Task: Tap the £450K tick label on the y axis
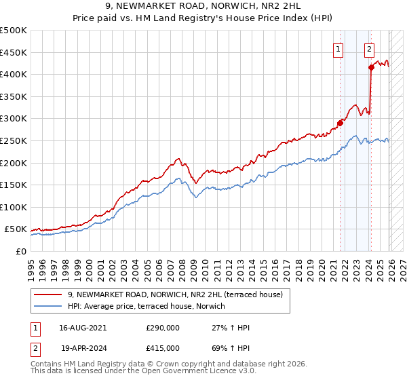click(x=14, y=52)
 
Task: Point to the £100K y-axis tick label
click(x=14, y=207)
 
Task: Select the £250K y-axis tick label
click(x=14, y=140)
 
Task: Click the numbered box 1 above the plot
click(x=337, y=48)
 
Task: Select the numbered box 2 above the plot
click(x=369, y=48)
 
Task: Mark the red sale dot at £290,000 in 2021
click(x=340, y=123)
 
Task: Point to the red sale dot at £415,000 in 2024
click(x=371, y=67)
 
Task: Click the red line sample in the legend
click(x=48, y=294)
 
